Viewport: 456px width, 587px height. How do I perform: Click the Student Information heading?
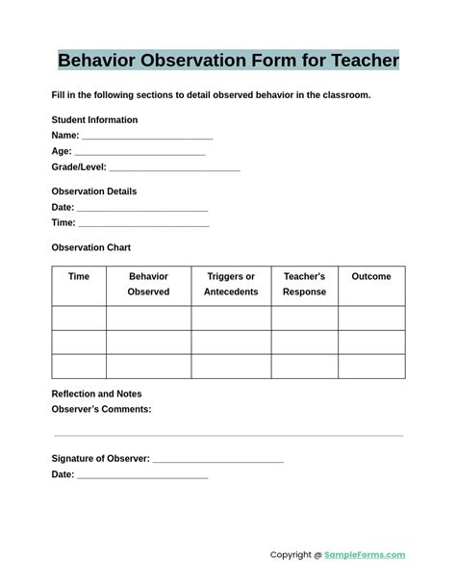coord(94,120)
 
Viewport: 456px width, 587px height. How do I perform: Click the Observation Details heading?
coord(94,191)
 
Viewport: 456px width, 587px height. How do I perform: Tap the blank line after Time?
coord(143,225)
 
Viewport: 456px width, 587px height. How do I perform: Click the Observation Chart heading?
coord(90,247)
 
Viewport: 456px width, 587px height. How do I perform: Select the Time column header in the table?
coord(79,277)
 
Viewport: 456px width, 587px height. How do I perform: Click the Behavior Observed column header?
coord(148,284)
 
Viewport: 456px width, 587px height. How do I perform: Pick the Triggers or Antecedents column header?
coord(231,284)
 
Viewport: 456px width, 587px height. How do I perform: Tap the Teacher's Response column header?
coord(304,284)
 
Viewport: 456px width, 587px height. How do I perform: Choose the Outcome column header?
coord(371,277)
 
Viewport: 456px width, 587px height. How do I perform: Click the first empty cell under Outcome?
coord(371,318)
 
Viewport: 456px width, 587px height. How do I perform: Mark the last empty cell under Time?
coord(79,367)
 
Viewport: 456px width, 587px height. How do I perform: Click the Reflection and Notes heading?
coord(96,394)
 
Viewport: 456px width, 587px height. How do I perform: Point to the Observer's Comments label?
coord(101,409)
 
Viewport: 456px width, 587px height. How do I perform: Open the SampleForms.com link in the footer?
coord(365,555)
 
